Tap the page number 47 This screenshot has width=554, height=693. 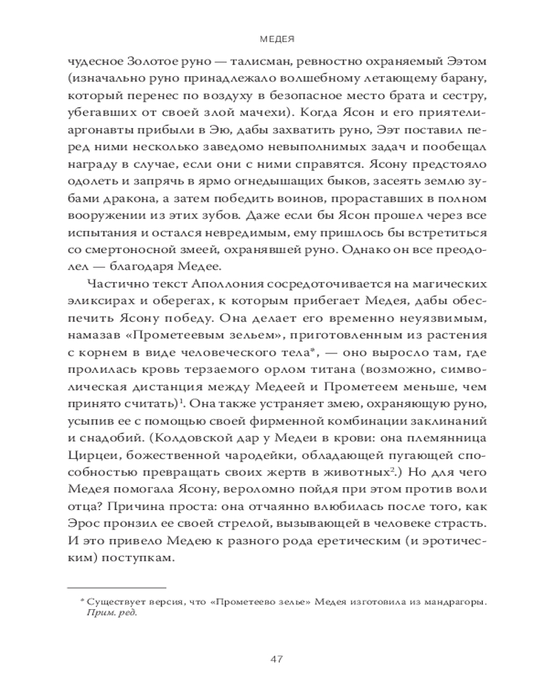276,658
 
